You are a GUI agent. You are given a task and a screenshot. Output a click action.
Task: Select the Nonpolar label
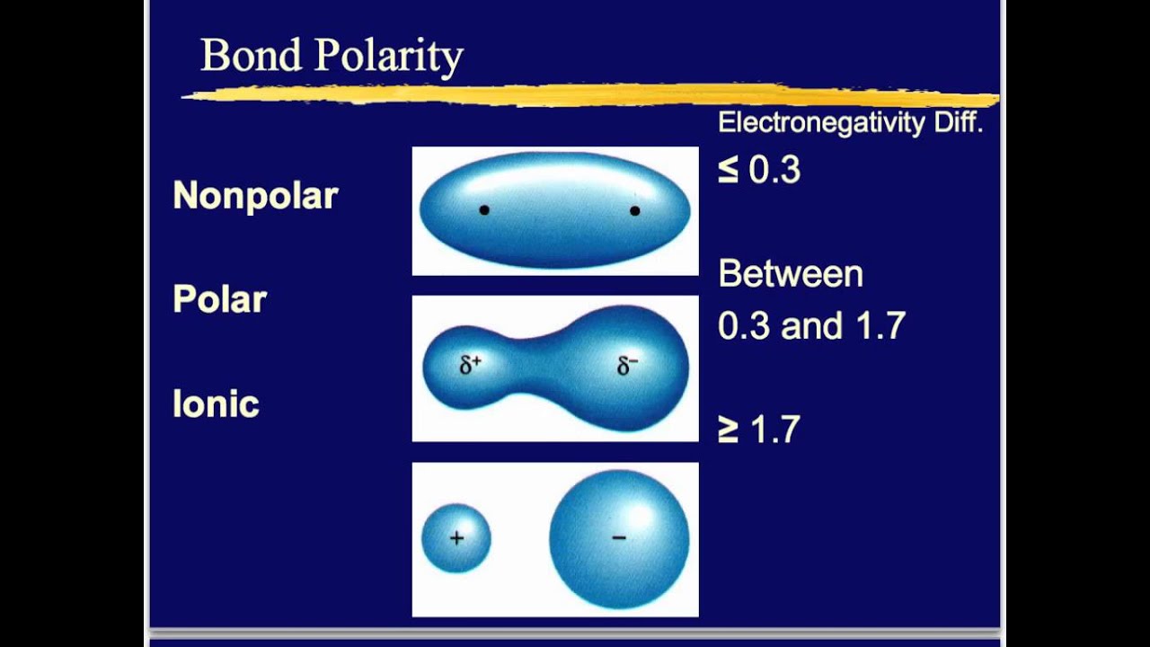(x=255, y=195)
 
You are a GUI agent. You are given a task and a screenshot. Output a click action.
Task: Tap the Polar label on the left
(x=219, y=299)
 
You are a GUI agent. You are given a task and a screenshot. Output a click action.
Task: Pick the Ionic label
(x=216, y=404)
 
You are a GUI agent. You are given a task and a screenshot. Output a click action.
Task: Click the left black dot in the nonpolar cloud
(x=484, y=210)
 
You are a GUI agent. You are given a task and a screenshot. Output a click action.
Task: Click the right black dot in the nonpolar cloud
(x=635, y=211)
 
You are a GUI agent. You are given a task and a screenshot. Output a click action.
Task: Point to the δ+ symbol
(x=470, y=365)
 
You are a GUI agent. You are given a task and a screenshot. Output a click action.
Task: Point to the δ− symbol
(x=628, y=366)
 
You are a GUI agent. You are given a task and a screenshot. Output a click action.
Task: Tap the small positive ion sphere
(x=456, y=538)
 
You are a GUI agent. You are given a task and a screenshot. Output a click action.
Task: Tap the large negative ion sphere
(x=619, y=539)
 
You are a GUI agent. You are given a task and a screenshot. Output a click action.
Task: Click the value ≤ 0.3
(x=759, y=170)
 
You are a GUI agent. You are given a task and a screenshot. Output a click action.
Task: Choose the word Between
(x=791, y=274)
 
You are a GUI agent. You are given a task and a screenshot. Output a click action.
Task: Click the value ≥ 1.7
(x=759, y=430)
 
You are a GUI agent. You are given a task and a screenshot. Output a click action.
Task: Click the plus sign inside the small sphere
(x=456, y=538)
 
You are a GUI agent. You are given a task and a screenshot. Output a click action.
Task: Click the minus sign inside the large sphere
(x=619, y=537)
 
